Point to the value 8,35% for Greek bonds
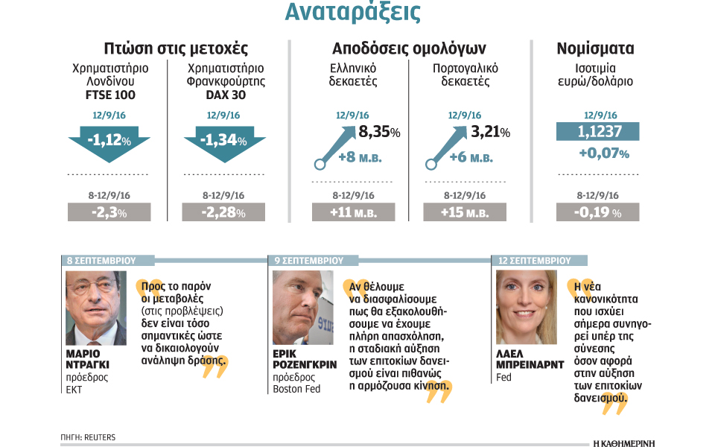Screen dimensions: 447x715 click(379, 133)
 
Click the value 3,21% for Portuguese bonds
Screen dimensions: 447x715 click(490, 133)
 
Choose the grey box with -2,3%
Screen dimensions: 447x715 click(109, 212)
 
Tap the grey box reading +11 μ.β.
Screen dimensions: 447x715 click(352, 212)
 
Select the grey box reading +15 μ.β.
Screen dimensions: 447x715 click(464, 212)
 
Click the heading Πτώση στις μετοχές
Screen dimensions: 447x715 click(176, 49)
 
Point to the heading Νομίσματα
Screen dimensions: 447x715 click(596, 49)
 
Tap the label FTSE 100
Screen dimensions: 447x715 click(109, 95)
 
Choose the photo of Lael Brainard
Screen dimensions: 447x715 click(526, 307)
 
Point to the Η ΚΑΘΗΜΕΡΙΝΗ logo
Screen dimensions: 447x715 click(623, 440)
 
